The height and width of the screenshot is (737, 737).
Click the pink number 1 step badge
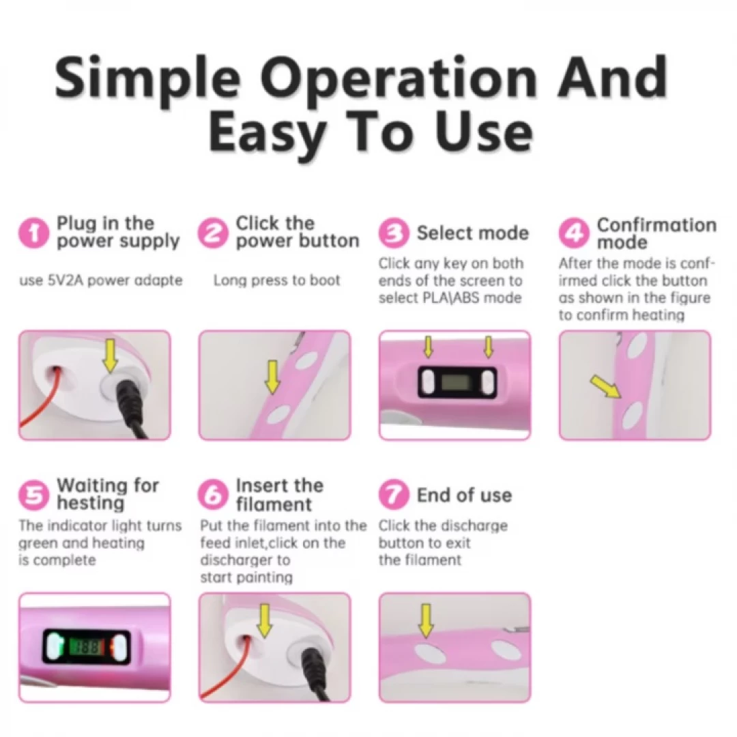(34, 233)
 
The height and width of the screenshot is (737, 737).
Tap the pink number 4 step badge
(573, 233)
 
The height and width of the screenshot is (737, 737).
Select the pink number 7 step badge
(394, 495)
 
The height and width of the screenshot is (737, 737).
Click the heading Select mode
(472, 233)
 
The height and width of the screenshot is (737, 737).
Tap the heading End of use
(465, 495)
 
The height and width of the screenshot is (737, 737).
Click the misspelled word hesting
(91, 503)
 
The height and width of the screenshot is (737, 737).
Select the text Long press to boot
(276, 280)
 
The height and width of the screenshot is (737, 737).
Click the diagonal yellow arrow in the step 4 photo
(607, 386)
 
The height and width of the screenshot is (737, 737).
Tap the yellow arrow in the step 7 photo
(426, 620)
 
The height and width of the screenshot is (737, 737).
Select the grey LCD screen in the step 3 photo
(454, 381)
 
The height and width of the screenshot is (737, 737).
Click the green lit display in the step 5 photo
(86, 647)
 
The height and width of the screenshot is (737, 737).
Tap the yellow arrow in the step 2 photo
(272, 377)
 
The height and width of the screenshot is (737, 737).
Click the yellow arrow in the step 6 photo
(265, 620)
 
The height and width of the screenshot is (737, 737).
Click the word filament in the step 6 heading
(274, 504)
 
